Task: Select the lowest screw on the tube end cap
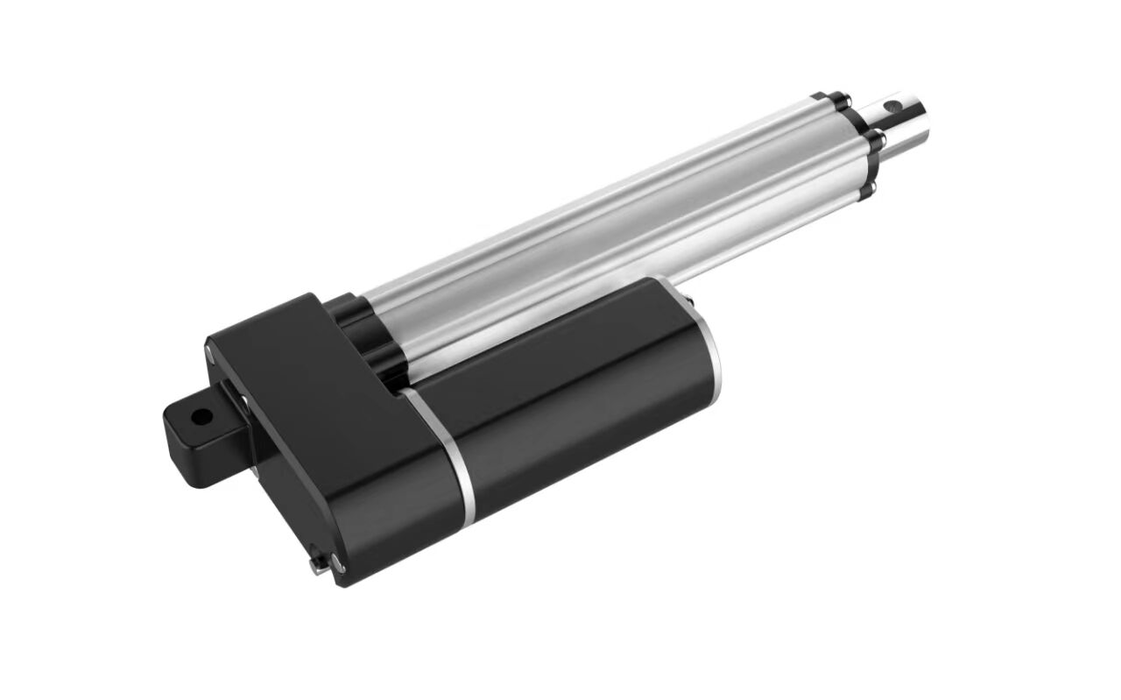(x=872, y=187)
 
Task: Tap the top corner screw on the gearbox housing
(x=209, y=350)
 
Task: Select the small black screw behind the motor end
(x=694, y=303)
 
